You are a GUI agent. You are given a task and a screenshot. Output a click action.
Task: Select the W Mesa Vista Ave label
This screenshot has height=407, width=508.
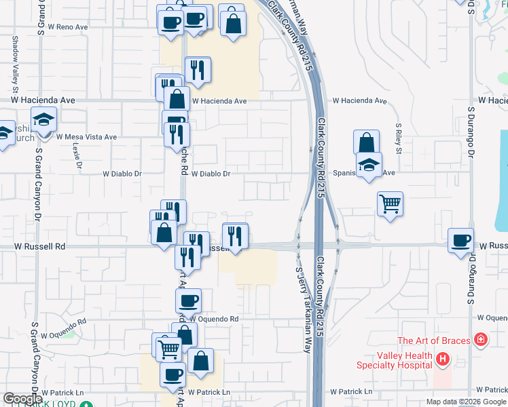pos(86,137)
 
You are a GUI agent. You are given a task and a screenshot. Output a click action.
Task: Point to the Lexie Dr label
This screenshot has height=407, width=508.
pos(76,157)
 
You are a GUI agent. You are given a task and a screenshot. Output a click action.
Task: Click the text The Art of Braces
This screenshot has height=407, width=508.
pos(434,341)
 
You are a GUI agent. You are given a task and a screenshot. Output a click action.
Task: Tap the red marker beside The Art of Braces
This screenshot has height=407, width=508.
pos(481,338)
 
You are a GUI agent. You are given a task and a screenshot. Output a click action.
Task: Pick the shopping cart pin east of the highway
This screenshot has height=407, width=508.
pos(391,203)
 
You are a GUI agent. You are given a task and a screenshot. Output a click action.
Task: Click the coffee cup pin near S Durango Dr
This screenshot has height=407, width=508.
pos(461,241)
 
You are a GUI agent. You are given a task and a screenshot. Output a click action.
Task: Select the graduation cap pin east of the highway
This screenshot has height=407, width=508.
pos(369,165)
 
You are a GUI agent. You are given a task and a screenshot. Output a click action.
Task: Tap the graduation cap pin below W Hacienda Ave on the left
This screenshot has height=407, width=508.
pos(44,121)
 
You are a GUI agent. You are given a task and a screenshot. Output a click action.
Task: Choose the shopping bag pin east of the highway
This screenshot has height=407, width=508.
pos(366,142)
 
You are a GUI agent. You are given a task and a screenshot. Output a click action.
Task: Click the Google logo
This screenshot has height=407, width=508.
pos(23,399)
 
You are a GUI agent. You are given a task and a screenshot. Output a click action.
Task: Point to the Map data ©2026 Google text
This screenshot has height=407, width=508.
pos(466,402)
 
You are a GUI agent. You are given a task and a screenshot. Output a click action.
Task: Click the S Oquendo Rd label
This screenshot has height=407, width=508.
pos(58,322)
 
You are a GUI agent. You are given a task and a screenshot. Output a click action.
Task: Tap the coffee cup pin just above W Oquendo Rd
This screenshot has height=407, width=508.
pos(188,300)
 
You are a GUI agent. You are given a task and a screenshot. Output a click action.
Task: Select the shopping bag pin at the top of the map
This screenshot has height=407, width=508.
pos(232,22)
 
